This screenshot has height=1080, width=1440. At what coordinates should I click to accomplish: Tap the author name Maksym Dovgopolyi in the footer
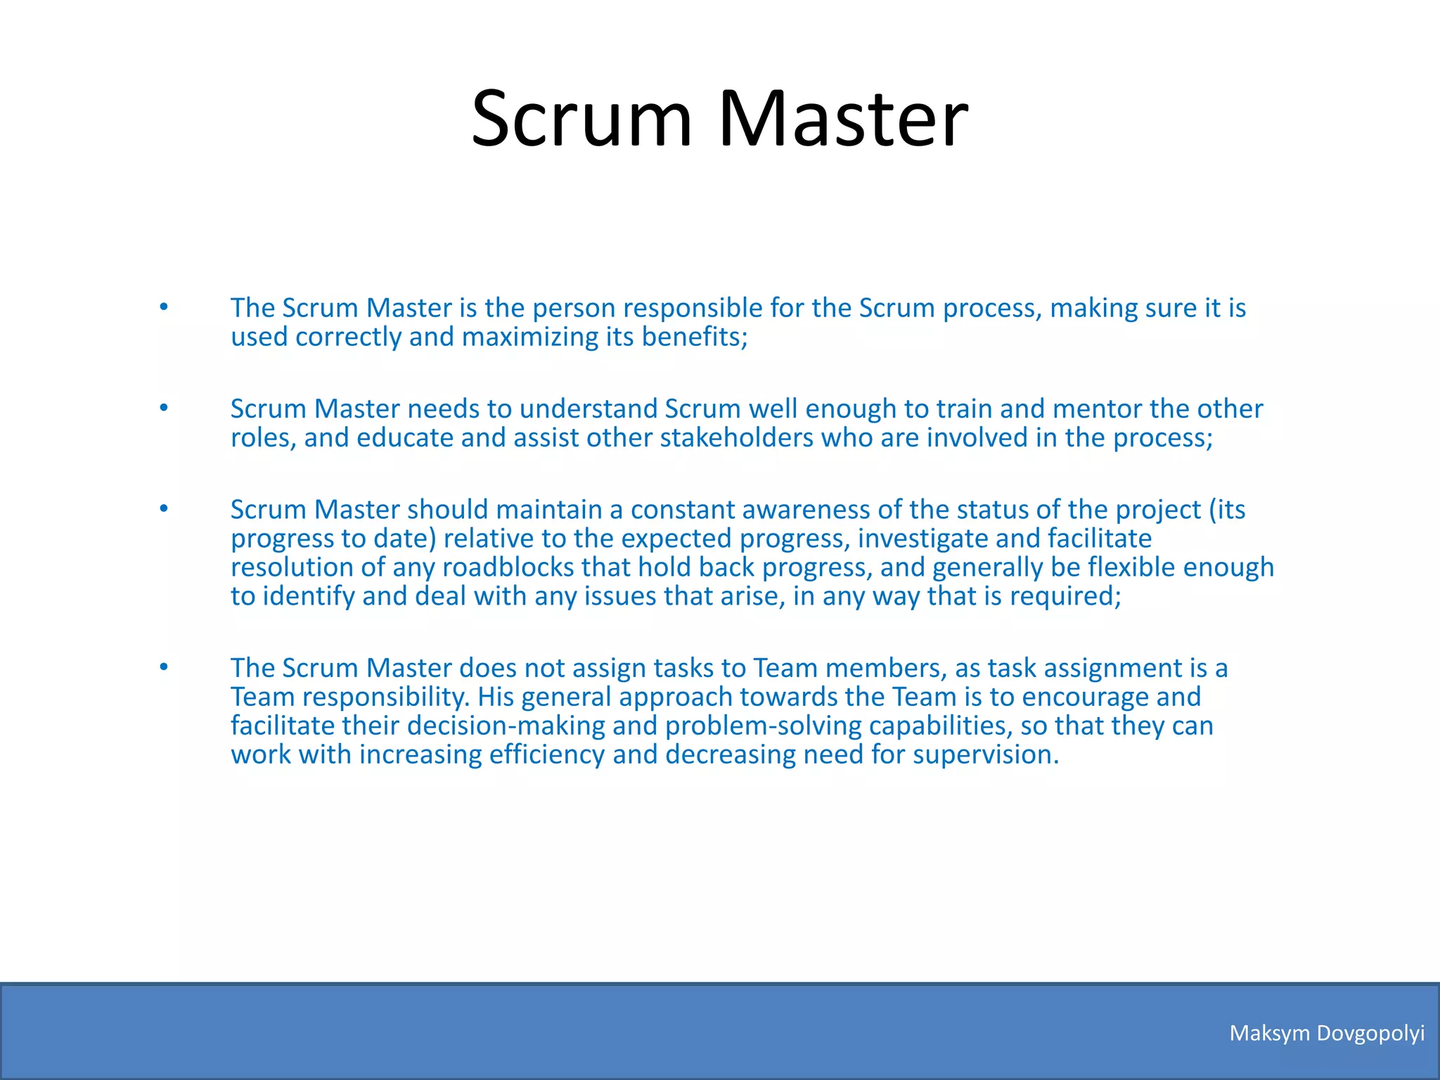[x=1327, y=1033]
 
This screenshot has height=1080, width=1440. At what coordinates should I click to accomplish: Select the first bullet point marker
[x=164, y=307]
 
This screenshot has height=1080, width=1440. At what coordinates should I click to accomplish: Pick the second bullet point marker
[x=164, y=408]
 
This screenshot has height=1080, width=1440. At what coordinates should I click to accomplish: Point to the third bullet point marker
[x=164, y=508]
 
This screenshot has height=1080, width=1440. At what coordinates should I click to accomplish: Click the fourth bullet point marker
[x=164, y=667]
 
